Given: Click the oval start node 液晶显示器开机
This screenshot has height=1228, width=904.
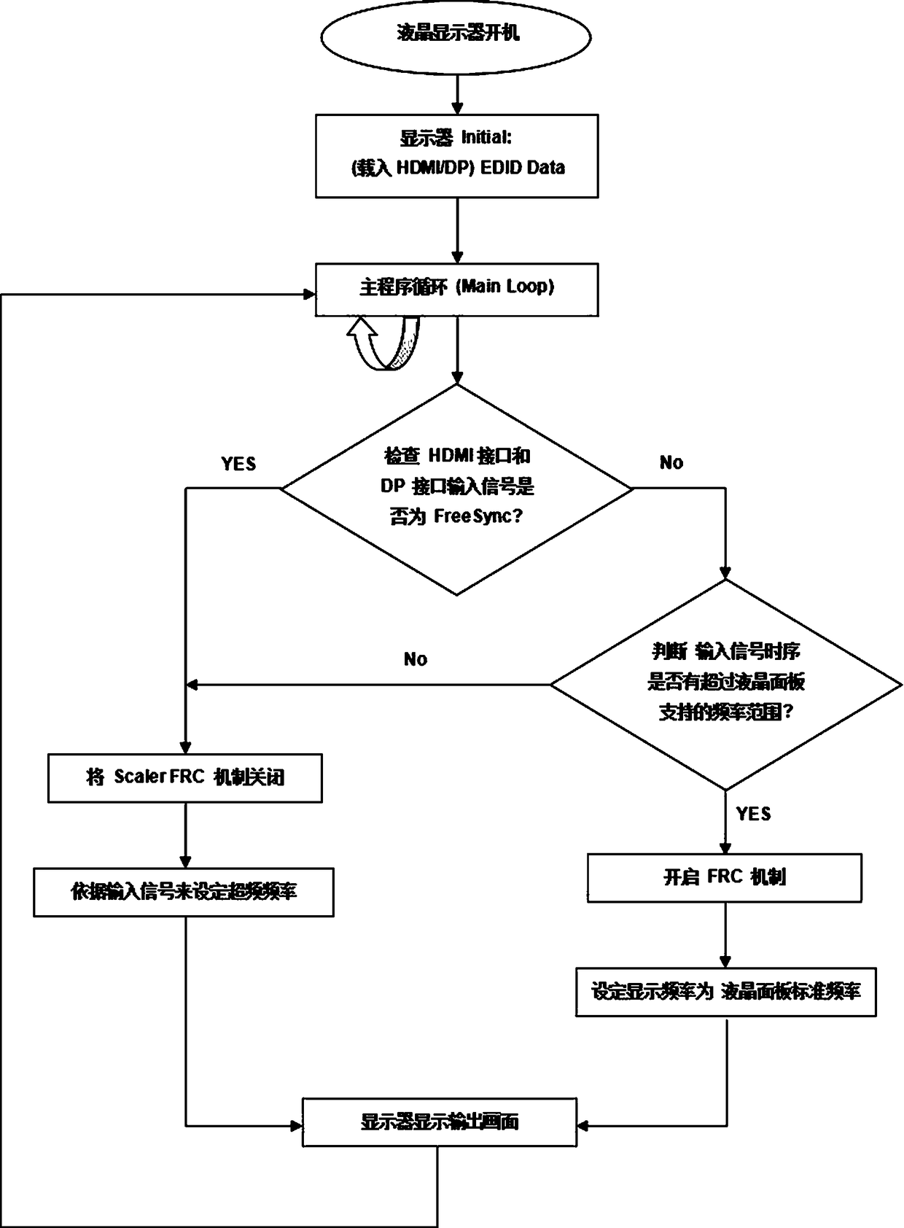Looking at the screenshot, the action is click(456, 36).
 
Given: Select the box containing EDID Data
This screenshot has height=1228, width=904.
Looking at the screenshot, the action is click(456, 156).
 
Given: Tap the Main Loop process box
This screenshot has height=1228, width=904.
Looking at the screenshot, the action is click(456, 289).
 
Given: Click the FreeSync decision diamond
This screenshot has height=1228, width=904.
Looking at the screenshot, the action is click(456, 489).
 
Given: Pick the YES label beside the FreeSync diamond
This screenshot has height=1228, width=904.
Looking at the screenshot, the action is click(238, 464).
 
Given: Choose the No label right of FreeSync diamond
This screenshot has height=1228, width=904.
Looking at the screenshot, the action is click(671, 462).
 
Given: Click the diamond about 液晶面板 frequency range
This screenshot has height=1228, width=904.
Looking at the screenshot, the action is click(726, 684).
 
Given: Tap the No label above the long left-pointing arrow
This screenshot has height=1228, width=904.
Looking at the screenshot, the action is click(416, 659).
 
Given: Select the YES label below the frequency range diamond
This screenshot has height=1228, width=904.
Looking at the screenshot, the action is click(753, 814).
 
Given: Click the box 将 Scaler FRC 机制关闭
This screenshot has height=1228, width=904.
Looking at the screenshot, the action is click(185, 778).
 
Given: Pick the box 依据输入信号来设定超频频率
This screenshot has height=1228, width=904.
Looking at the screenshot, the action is click(184, 892).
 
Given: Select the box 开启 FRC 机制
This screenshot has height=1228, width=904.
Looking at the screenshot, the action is click(725, 878).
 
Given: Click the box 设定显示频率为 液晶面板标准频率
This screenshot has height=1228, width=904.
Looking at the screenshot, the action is click(726, 992).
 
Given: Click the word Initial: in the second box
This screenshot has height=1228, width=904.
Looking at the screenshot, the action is click(486, 137).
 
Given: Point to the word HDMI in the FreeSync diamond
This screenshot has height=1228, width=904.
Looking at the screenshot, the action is click(449, 456).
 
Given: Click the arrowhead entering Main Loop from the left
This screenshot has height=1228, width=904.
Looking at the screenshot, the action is click(310, 295).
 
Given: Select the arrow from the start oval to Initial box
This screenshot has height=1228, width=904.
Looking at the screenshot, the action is click(456, 94).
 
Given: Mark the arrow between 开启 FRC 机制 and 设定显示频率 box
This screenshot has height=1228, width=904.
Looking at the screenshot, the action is click(725, 936).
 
